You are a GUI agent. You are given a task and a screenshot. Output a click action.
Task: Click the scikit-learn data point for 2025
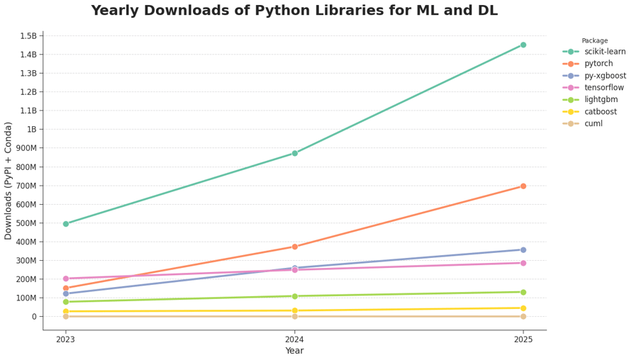coord(523,45)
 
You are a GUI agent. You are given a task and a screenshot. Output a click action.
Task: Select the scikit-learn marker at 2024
coord(294,153)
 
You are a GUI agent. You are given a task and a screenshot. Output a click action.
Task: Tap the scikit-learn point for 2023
coord(66,224)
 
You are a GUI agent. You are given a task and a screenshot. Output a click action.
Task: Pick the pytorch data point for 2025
coord(523,186)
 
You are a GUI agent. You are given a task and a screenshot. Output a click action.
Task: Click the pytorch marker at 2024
coord(294,247)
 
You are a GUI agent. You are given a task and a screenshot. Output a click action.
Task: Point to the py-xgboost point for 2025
coord(523,249)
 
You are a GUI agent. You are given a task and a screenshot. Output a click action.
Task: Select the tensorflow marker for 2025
coord(523,263)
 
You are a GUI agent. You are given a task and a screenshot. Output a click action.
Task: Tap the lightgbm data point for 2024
coord(294,296)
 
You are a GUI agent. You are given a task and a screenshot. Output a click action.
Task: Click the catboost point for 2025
coord(523,308)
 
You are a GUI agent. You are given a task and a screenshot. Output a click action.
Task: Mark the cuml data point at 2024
coord(294,316)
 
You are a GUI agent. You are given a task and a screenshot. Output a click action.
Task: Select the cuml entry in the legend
coord(593,124)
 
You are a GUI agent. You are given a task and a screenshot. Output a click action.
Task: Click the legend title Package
coord(594,40)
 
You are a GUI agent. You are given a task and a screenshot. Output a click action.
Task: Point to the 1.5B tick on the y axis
coord(28,36)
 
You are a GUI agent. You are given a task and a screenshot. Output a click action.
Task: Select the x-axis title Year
coord(294,351)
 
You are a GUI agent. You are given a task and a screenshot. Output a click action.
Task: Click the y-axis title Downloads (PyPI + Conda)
coord(9,181)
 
